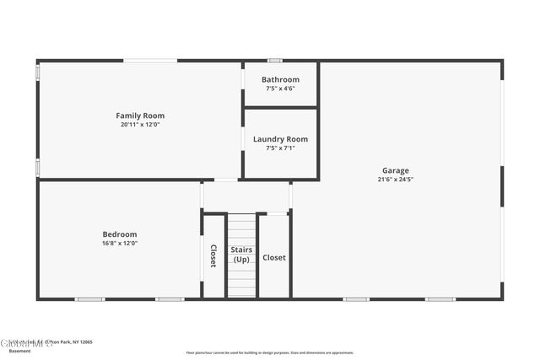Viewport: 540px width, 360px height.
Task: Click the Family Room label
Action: click(140, 116)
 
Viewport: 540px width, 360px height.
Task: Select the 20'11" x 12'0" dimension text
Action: click(140, 124)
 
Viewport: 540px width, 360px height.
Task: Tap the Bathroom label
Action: click(280, 80)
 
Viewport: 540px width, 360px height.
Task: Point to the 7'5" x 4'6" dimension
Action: click(280, 88)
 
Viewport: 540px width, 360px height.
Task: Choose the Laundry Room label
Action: click(280, 139)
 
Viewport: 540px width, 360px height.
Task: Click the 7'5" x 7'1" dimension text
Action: click(280, 148)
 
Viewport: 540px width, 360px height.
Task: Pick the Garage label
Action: click(395, 169)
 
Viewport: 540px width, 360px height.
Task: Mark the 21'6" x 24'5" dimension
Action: click(395, 179)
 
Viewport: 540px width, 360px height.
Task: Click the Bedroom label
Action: click(120, 234)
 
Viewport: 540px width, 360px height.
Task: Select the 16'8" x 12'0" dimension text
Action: click(120, 243)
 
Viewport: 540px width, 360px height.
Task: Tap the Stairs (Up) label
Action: click(241, 254)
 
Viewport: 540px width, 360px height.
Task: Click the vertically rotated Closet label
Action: click(213, 256)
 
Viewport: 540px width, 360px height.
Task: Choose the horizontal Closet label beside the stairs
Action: click(274, 257)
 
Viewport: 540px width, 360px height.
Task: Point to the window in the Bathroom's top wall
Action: click(274, 61)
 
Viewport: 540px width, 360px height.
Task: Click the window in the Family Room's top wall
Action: click(150, 61)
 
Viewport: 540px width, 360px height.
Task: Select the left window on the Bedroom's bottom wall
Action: click(89, 298)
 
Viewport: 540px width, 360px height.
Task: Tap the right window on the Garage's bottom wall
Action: click(440, 298)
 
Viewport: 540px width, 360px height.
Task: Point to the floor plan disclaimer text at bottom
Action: click(270, 352)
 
